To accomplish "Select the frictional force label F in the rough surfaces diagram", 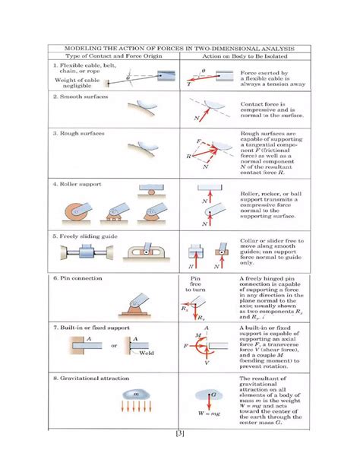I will [x=198, y=141].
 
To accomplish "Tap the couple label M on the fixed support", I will [x=198, y=334].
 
